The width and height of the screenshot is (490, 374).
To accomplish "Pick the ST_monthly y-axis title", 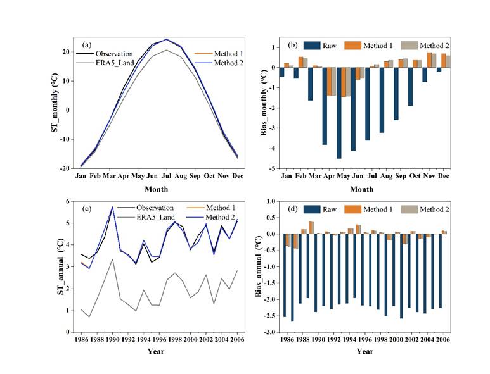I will (55, 104).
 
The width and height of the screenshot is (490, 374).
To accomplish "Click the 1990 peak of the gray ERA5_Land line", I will (112, 259).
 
